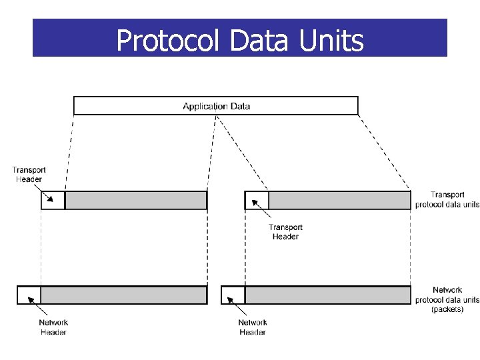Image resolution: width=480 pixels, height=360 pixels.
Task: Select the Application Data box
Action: (x=215, y=106)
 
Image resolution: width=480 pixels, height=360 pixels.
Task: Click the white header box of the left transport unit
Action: (x=53, y=200)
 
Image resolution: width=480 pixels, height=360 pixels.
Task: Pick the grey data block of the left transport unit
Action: (x=136, y=200)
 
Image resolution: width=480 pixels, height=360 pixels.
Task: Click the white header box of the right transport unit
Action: (x=257, y=200)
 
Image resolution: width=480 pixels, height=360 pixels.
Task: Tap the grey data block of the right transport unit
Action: (x=339, y=200)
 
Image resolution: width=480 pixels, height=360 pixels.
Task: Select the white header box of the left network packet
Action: (x=29, y=295)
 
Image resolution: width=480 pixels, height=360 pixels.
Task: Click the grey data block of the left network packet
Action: (x=124, y=295)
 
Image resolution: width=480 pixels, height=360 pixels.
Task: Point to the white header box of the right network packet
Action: (x=233, y=295)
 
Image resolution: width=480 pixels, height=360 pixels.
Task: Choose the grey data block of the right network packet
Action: (x=328, y=295)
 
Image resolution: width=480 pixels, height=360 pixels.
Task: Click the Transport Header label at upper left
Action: (x=29, y=175)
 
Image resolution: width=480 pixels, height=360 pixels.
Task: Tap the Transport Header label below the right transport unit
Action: (x=285, y=232)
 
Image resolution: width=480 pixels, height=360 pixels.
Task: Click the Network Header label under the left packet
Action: (x=53, y=327)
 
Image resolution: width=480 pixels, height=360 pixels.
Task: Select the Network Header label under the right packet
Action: (x=253, y=327)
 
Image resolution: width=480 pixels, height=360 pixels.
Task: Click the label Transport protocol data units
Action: (x=447, y=200)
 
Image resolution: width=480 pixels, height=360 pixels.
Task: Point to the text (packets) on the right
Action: (x=447, y=309)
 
